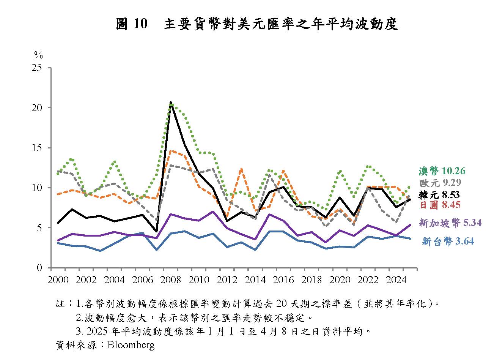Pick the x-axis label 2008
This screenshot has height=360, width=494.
(x=170, y=280)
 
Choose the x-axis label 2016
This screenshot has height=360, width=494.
(x=284, y=280)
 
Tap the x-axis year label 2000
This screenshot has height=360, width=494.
(x=58, y=280)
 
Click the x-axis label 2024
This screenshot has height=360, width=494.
(x=397, y=280)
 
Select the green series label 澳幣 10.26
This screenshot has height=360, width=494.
(x=442, y=171)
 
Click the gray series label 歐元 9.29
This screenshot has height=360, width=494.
(x=440, y=183)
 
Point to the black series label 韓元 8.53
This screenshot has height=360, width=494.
(x=439, y=195)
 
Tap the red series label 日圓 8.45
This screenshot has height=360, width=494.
(x=440, y=205)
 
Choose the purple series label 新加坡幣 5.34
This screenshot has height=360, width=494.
(x=450, y=223)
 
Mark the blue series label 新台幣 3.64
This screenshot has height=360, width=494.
(x=448, y=241)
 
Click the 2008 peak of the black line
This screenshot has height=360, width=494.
(x=171, y=103)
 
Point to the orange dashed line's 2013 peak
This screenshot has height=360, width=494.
(x=241, y=169)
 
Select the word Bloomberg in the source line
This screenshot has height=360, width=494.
(x=131, y=345)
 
